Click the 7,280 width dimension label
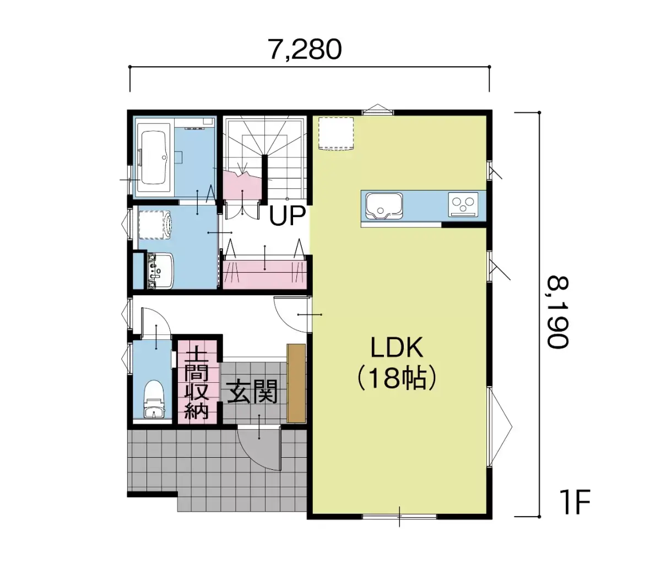coord(305,50)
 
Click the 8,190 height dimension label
coord(557,312)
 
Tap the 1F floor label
coord(575,502)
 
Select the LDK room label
coord(397,348)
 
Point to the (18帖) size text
coord(397,378)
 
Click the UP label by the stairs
coord(287,215)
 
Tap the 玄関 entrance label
coord(252,392)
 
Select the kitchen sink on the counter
coord(384,206)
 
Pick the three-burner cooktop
coord(463,204)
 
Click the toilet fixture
coord(154,399)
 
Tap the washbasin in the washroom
coord(160,271)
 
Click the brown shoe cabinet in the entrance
coord(296,383)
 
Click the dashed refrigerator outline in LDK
coord(336,134)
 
